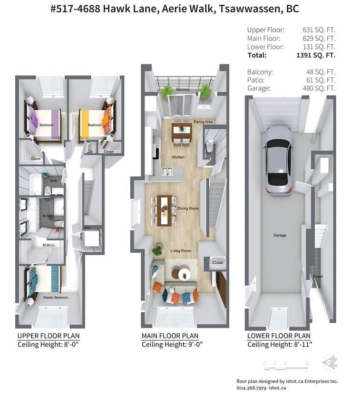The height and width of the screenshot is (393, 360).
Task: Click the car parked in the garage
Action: [279, 161]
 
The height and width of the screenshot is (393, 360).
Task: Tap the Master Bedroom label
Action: [56, 297]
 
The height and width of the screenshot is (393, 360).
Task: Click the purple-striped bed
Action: [43, 125]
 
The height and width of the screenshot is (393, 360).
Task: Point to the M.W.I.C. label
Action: [49, 245]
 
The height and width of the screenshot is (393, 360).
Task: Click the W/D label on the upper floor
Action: [87, 228]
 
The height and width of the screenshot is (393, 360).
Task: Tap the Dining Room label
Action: [188, 208]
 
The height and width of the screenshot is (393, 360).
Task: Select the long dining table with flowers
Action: [165, 211]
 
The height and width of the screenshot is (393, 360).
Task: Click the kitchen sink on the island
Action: [167, 172]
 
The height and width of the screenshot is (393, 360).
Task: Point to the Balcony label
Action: [183, 89]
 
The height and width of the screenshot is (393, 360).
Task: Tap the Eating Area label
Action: [203, 122]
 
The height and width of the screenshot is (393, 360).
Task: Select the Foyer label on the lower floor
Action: [318, 276]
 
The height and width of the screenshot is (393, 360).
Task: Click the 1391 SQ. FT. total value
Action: [316, 55]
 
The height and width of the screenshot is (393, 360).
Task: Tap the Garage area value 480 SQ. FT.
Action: [319, 88]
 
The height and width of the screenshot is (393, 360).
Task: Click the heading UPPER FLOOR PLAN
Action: [49, 336]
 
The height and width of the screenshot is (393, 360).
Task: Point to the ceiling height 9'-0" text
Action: [195, 345]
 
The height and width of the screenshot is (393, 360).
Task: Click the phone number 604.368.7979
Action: [252, 388]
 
